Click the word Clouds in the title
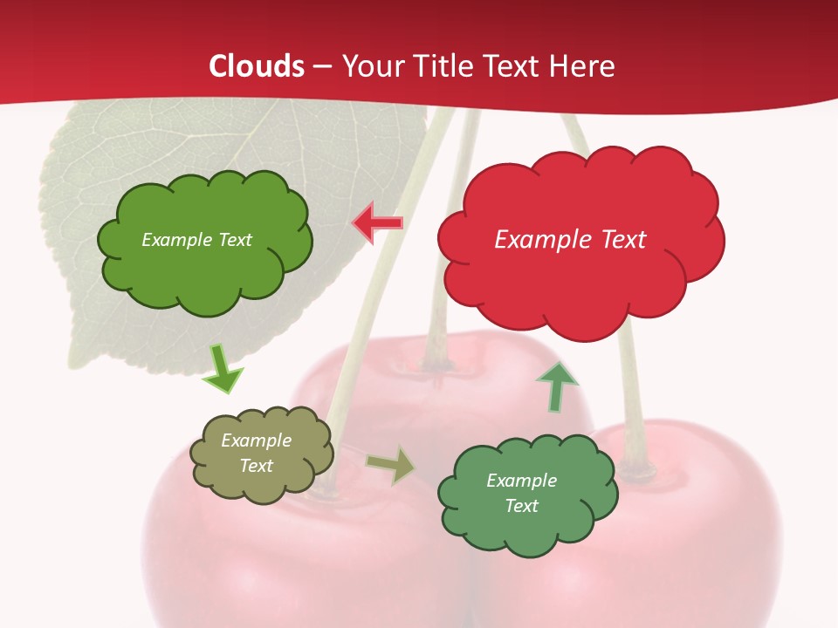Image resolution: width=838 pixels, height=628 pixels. [257, 66]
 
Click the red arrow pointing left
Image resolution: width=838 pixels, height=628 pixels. [377, 223]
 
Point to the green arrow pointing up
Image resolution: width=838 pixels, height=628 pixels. [557, 386]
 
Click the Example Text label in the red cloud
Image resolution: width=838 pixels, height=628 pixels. [570, 239]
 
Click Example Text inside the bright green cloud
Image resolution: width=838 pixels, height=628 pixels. [196, 239]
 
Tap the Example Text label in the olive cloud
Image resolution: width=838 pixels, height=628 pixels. [257, 453]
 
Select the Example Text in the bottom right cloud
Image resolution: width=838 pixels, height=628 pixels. [521, 493]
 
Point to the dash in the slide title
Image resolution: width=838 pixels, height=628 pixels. [322, 67]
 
